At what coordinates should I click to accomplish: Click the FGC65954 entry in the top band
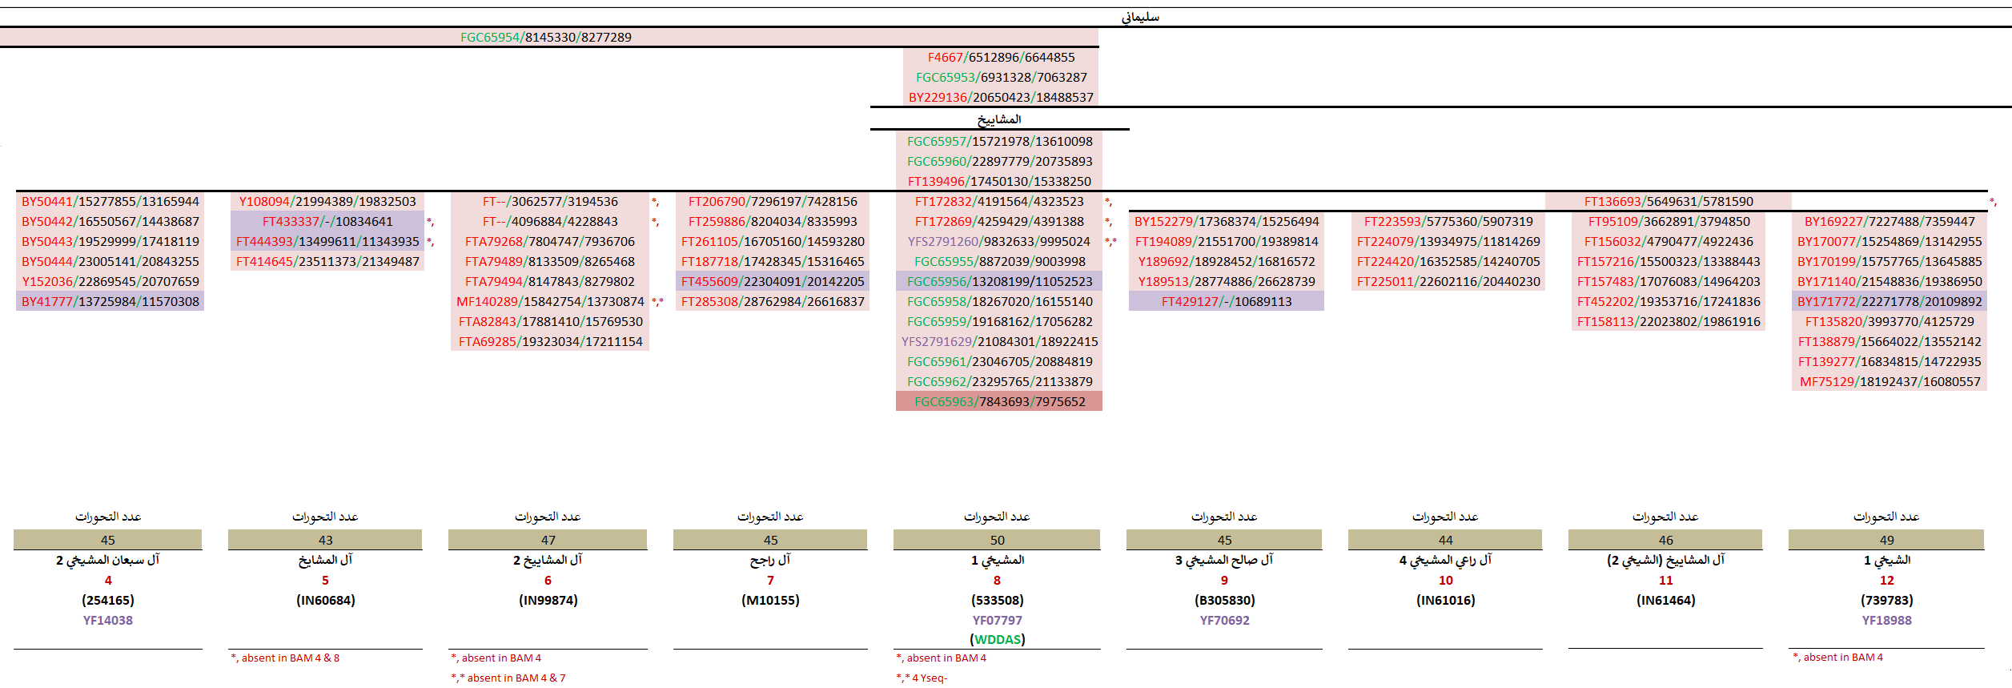coord(545,38)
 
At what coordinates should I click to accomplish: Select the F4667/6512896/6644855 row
coord(1001,58)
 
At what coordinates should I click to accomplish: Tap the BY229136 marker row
coord(1001,98)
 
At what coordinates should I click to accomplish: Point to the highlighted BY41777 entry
coord(110,302)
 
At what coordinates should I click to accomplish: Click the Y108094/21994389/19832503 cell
coord(327,202)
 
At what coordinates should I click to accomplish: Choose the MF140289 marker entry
coord(550,302)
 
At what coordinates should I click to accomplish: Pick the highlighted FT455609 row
coord(773,282)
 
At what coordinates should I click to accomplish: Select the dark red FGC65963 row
coord(999,402)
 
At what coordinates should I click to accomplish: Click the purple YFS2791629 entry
coord(999,342)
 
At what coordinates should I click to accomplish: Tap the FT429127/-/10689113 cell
coord(1227,302)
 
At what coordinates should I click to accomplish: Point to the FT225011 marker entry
coord(1448,282)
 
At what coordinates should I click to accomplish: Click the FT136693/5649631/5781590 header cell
coord(1669,202)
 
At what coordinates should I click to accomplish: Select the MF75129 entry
coord(1890,382)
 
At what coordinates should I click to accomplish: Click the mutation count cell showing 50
coord(997,541)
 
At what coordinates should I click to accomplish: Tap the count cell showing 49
coord(1886,541)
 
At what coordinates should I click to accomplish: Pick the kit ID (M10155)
coord(770,601)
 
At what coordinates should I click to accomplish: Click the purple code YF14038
coord(108,621)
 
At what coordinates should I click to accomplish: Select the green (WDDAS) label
coord(997,640)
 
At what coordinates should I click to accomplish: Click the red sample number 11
coord(1665,581)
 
